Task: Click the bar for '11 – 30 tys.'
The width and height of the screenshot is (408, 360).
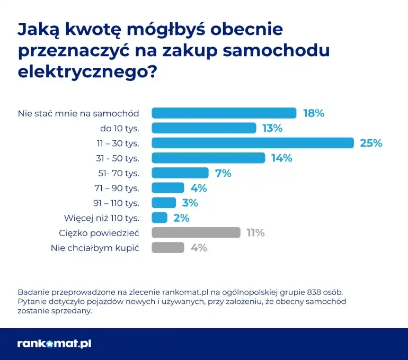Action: [x=252, y=143]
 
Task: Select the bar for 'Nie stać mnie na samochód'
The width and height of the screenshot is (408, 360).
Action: [x=224, y=113]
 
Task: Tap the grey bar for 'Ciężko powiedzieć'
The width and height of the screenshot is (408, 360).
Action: [x=196, y=232]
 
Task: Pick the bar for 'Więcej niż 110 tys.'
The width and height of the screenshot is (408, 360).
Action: [x=159, y=218]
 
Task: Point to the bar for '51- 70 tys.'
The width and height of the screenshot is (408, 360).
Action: [x=180, y=173]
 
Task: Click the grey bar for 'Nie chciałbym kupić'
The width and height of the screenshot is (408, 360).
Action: [x=168, y=247]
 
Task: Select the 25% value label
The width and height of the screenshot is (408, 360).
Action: [x=371, y=143]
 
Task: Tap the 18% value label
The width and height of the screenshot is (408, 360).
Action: [x=313, y=113]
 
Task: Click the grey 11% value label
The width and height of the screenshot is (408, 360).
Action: [x=255, y=232]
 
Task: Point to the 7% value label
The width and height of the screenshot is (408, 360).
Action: [x=223, y=173]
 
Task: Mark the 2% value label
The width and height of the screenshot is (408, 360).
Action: [x=181, y=218]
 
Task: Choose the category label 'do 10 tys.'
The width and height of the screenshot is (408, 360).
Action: [x=119, y=128]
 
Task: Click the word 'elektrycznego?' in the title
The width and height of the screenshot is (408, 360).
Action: [x=88, y=70]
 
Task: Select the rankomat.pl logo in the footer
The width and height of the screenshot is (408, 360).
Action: [x=54, y=344]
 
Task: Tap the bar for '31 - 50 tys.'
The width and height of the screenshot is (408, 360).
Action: [x=208, y=158]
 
